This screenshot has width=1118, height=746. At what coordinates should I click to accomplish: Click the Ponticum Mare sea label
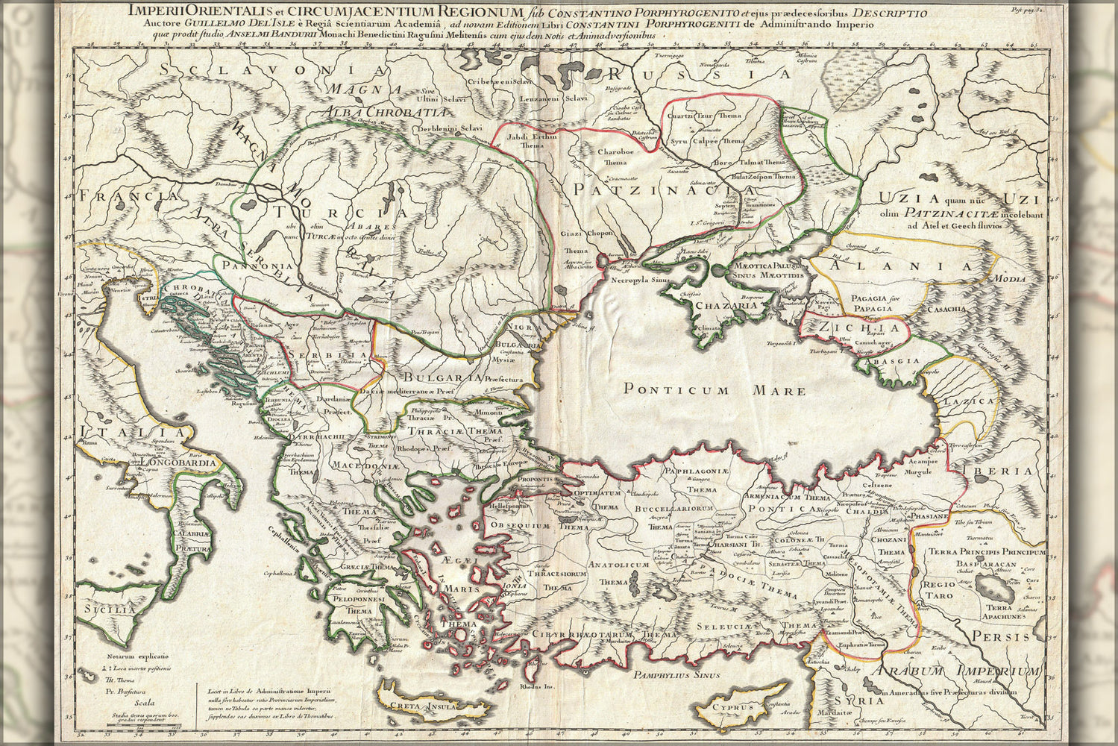point(715,389)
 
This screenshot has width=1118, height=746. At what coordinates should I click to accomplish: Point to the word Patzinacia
point(643,190)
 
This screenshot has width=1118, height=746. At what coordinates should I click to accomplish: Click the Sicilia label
point(110,609)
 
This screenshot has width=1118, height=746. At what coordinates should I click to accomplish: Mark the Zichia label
point(859,327)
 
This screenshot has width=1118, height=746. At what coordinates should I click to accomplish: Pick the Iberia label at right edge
point(1007,471)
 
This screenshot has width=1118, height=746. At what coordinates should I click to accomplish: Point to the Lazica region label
point(968,401)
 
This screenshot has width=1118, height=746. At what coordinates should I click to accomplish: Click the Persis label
point(1007,636)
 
